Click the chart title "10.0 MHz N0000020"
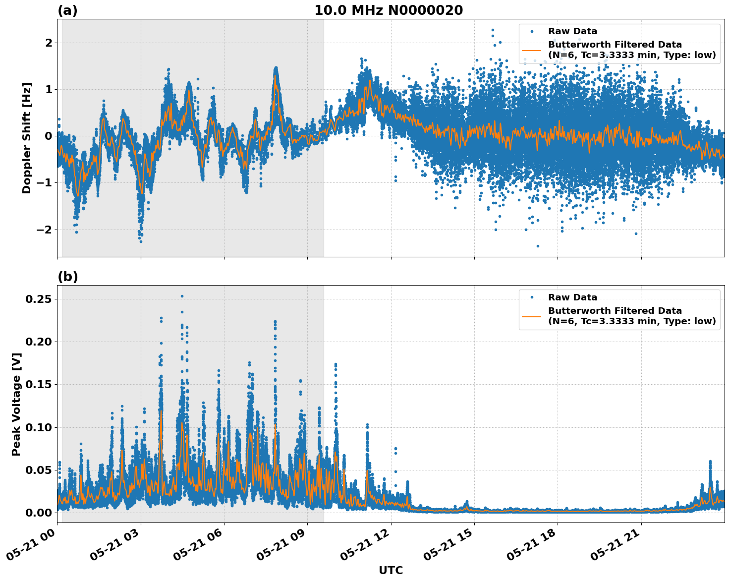click(389, 10)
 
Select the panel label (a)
click(67, 10)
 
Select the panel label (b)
click(67, 277)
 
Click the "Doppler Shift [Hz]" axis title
click(27, 138)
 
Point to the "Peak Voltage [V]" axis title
click(16, 404)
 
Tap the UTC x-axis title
click(391, 570)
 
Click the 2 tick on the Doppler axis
click(49, 43)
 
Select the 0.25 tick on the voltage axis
click(39, 299)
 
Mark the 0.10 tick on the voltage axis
click(39, 427)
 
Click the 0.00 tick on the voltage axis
click(39, 513)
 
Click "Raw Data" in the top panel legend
click(572, 31)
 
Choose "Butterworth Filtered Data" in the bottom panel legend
click(615, 311)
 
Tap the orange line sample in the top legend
click(532, 50)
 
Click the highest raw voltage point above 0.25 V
click(182, 296)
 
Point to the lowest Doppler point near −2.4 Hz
click(538, 246)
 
